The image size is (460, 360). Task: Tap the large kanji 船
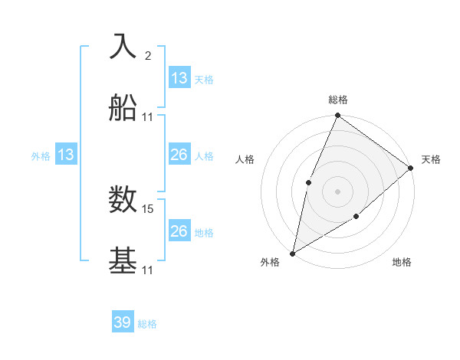[123, 108]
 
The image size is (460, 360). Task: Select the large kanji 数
[123, 200]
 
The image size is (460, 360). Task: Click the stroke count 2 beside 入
[148, 55]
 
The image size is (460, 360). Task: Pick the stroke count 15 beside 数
[149, 208]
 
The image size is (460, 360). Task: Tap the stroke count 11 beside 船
[148, 117]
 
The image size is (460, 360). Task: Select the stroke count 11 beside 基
[148, 270]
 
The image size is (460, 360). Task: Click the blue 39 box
[123, 322]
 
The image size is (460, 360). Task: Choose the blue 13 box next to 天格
[179, 77]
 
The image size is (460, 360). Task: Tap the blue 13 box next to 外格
[66, 155]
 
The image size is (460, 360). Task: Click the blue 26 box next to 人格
[179, 155]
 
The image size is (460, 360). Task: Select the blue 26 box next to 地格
[179, 231]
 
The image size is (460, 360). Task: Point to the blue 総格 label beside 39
[147, 324]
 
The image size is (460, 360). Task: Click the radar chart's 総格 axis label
[337, 100]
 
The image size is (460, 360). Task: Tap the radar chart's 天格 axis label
[431, 159]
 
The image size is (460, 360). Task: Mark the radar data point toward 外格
[292, 253]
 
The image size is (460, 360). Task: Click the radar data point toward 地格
[356, 218]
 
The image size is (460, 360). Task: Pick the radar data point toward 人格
[308, 182]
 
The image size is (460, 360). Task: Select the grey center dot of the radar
[337, 191]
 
